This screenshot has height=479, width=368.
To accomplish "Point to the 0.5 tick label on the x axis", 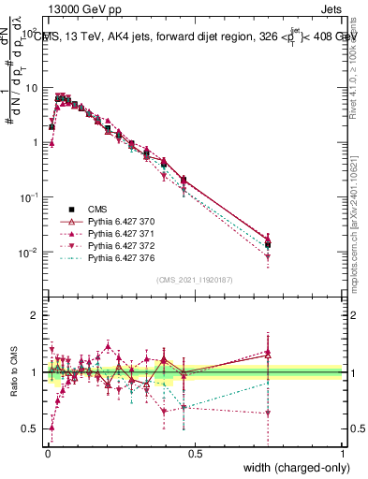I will (x=194, y=454).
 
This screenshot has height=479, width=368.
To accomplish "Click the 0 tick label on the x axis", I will (x=47, y=454).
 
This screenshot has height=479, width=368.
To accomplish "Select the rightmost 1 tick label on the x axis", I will (x=342, y=454).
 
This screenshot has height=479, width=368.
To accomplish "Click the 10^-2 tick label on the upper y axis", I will (x=26, y=253).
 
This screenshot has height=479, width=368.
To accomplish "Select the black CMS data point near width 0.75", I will (x=268, y=244).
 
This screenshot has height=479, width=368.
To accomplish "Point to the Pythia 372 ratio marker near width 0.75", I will (x=268, y=413).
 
